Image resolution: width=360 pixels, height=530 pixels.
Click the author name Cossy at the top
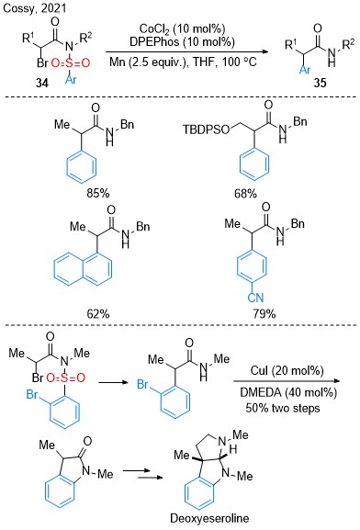coord(18,8)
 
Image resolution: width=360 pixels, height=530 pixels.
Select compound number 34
coord(42,83)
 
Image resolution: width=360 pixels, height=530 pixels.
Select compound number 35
coord(320,83)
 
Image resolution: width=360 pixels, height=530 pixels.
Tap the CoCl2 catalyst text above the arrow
coord(155,29)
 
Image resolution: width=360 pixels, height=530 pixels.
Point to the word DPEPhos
coord(154,42)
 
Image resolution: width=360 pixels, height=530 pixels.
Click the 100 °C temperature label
coord(240,62)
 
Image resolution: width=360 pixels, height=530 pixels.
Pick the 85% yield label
coord(98,193)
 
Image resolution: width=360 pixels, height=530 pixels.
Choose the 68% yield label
coord(245,194)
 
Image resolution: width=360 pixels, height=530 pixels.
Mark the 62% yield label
coord(98,314)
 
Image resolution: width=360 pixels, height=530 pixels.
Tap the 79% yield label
coord(264,314)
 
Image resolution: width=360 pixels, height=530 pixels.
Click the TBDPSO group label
coord(207,130)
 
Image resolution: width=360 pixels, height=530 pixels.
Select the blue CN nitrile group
coord(255,298)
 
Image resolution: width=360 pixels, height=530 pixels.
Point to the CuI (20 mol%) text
coord(287,370)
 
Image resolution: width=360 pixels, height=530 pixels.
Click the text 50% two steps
coord(283,408)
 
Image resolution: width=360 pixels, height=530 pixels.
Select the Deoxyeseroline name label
coord(209,518)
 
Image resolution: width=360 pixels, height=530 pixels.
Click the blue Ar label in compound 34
coord(72,79)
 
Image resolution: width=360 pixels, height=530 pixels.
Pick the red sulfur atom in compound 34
coord(71,62)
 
